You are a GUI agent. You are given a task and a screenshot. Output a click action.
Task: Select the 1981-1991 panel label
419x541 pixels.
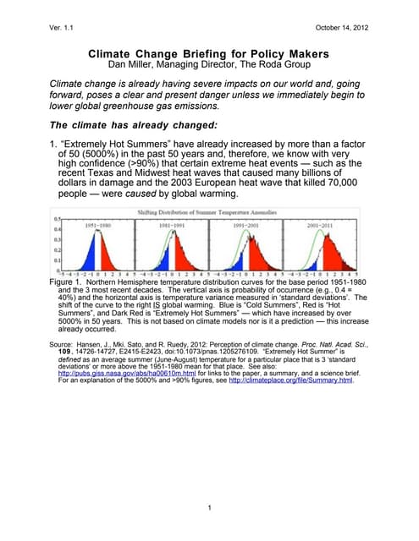click(x=177, y=226)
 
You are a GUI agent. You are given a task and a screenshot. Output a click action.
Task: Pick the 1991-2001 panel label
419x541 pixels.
click(x=251, y=226)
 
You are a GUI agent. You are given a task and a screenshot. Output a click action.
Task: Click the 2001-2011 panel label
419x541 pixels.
click(x=326, y=226)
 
